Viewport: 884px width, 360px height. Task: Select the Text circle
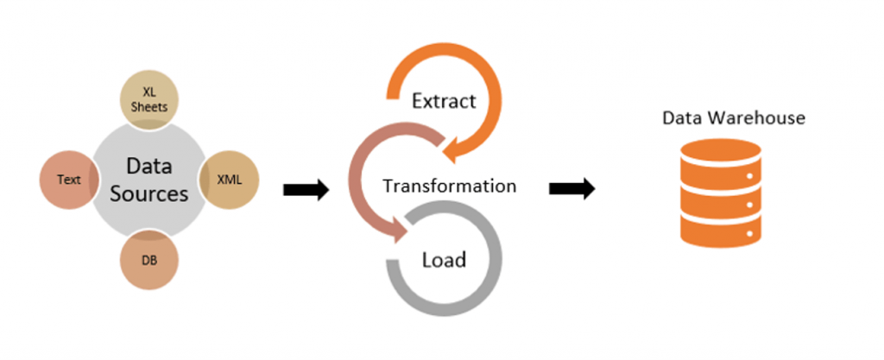coord(68,180)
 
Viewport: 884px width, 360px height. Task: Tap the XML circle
coord(228,180)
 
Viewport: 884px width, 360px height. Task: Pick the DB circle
coord(148,259)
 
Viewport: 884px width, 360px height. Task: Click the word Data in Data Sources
coord(149,166)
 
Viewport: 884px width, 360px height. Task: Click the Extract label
coord(443,101)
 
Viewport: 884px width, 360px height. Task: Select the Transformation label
coord(449,186)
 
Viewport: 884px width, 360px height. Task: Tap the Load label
coord(444,259)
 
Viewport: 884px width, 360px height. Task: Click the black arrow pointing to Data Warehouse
coord(571,189)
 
